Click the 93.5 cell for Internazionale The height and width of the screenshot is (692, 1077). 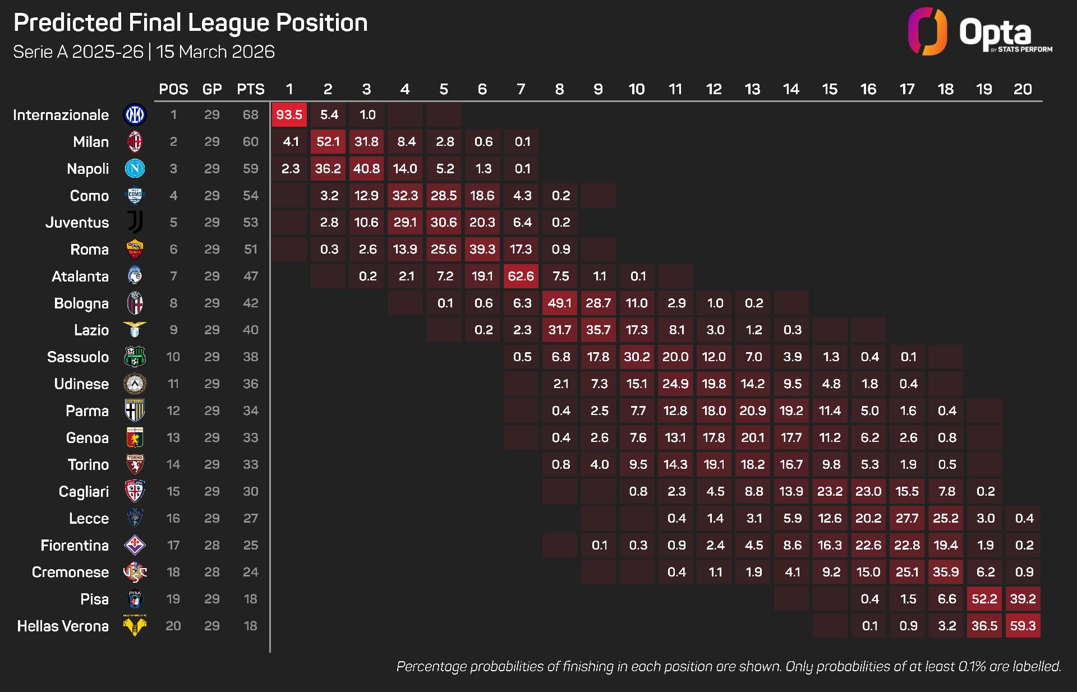click(289, 115)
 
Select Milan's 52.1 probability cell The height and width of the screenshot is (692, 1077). click(328, 142)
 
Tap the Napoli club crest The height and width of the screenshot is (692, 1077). click(135, 169)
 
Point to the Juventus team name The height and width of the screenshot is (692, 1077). click(77, 223)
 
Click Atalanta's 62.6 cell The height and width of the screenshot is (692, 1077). click(521, 276)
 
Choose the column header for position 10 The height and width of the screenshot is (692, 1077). click(636, 89)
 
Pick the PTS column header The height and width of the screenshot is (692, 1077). click(250, 89)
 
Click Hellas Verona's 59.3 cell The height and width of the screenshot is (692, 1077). click(1023, 626)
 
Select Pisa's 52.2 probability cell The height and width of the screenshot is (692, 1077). click(984, 599)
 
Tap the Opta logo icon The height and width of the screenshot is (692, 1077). click(927, 31)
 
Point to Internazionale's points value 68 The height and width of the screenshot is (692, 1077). click(250, 115)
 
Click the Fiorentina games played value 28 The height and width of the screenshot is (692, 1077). click(212, 545)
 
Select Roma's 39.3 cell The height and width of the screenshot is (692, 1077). click(482, 250)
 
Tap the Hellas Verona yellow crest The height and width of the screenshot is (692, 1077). click(135, 625)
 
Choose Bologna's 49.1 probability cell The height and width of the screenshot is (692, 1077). click(559, 303)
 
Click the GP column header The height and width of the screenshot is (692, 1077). click(212, 89)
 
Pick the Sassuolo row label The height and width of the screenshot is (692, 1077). click(78, 357)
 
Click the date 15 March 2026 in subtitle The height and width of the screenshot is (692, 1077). click(215, 52)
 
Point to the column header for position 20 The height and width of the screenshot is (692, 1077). click(1023, 89)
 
